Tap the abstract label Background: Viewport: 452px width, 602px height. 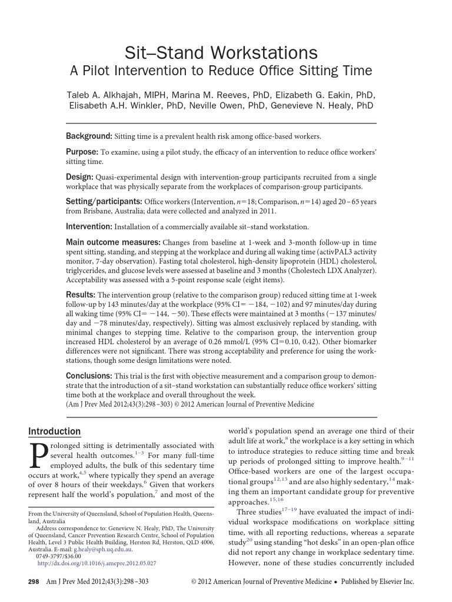[89, 136]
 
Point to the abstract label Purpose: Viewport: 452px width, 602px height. [82, 151]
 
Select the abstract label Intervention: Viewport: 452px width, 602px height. [89, 226]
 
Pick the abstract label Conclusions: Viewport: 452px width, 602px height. [89, 375]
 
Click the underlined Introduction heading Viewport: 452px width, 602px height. [55, 432]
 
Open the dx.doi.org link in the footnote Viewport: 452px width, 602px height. [97, 563]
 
